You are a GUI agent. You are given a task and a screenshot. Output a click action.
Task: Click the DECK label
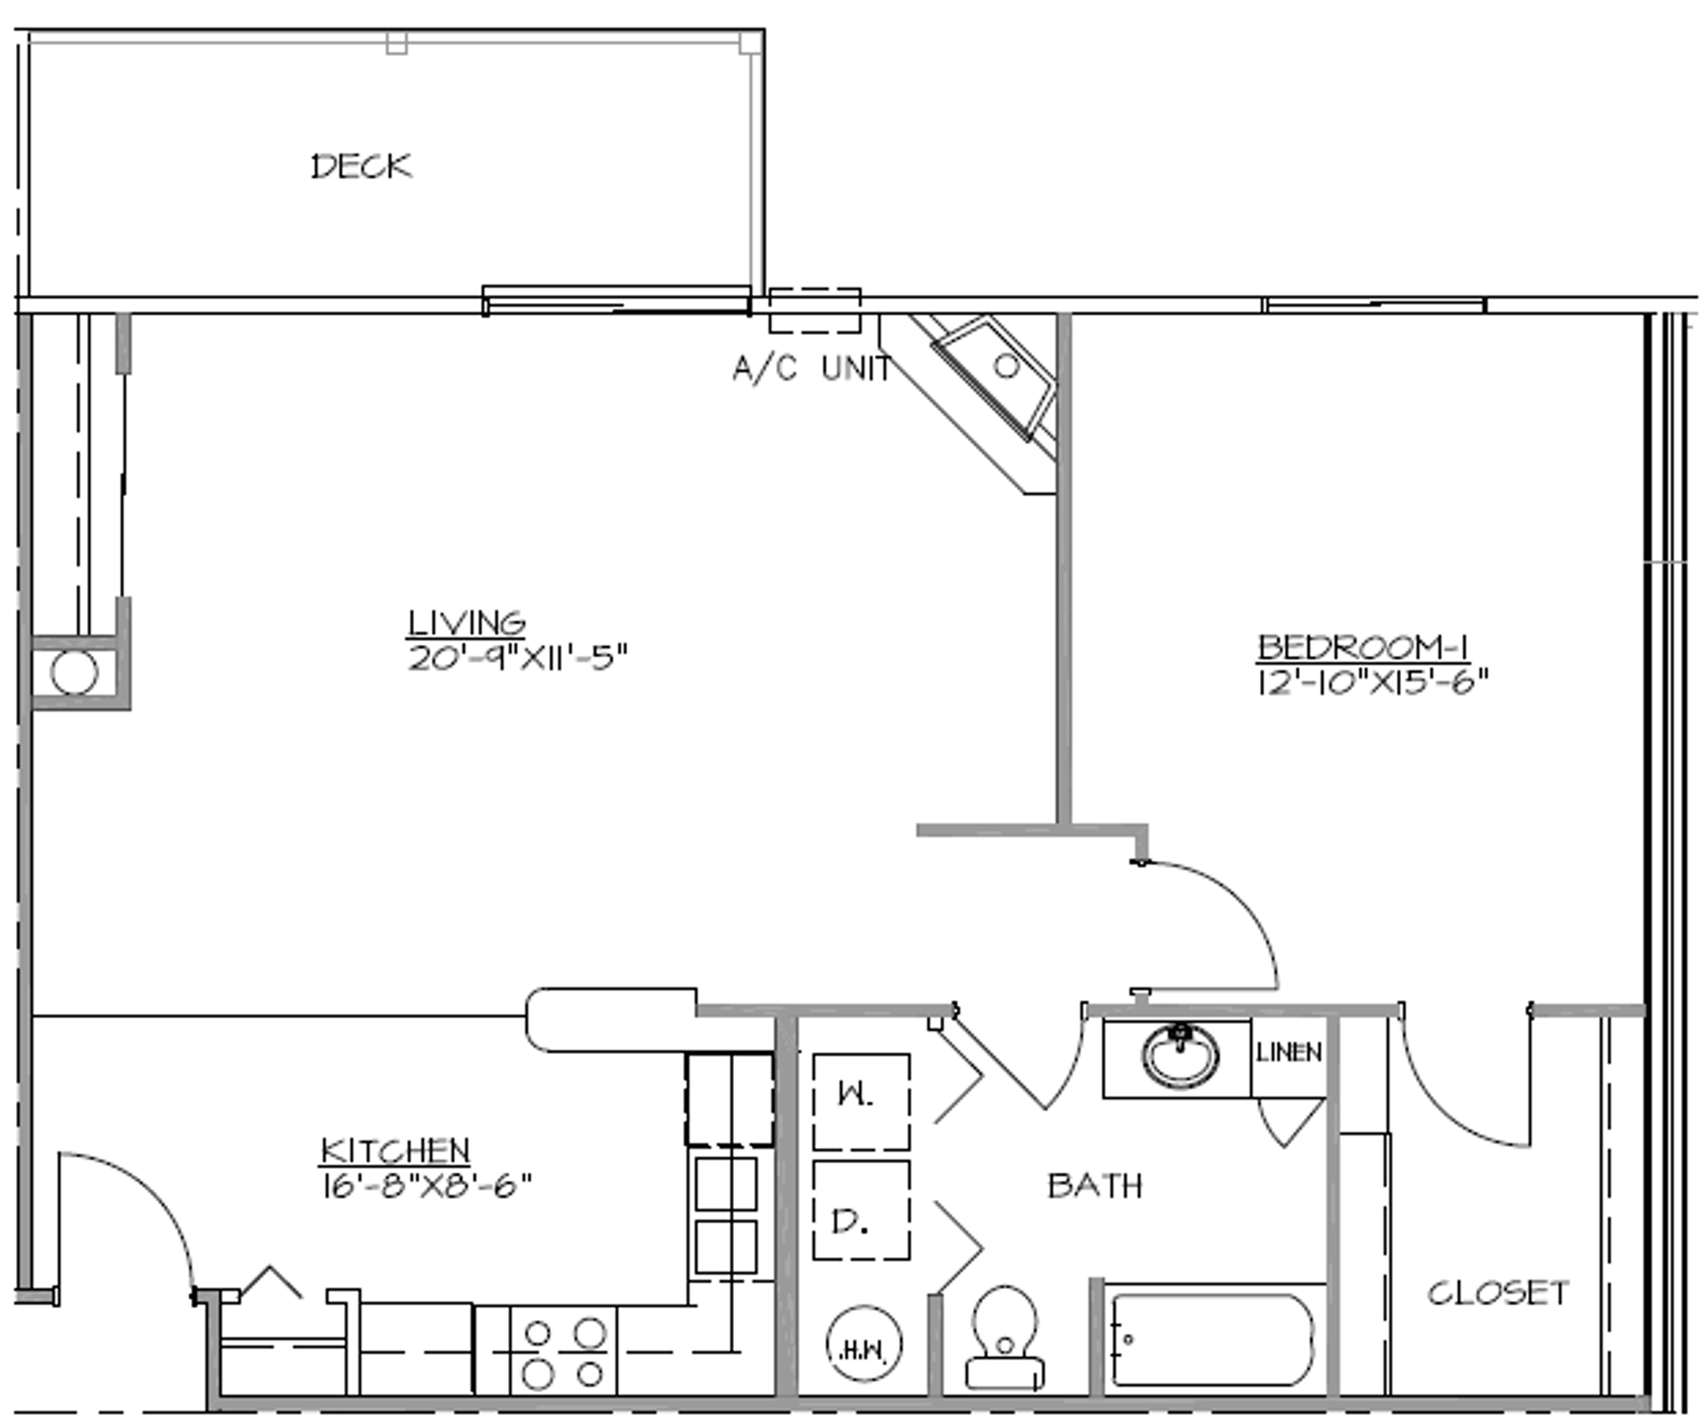(x=362, y=166)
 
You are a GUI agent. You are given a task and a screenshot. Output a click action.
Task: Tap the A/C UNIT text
(x=811, y=368)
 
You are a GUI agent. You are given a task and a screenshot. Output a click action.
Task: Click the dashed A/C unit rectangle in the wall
(x=815, y=310)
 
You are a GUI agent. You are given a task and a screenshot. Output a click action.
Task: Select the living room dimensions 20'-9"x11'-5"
(x=518, y=658)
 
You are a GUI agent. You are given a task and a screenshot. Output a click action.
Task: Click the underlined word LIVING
(x=466, y=623)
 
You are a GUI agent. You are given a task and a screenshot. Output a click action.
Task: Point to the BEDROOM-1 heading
(x=1362, y=647)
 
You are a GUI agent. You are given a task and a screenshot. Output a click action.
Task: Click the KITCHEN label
(x=395, y=1151)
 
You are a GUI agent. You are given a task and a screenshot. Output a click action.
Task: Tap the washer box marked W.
(x=860, y=1102)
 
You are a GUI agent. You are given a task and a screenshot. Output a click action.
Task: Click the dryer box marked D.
(x=860, y=1209)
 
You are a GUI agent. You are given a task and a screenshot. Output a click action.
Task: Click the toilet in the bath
(x=1005, y=1337)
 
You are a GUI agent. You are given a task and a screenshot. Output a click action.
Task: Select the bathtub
(x=1213, y=1339)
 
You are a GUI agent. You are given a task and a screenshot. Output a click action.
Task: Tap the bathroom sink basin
(x=1180, y=1056)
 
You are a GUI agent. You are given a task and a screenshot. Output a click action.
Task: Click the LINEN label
(x=1288, y=1053)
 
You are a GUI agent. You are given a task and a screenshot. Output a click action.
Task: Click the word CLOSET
(x=1498, y=1293)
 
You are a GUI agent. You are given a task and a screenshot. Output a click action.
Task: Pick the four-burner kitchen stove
(x=562, y=1355)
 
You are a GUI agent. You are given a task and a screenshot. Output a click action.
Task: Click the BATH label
(x=1095, y=1185)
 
